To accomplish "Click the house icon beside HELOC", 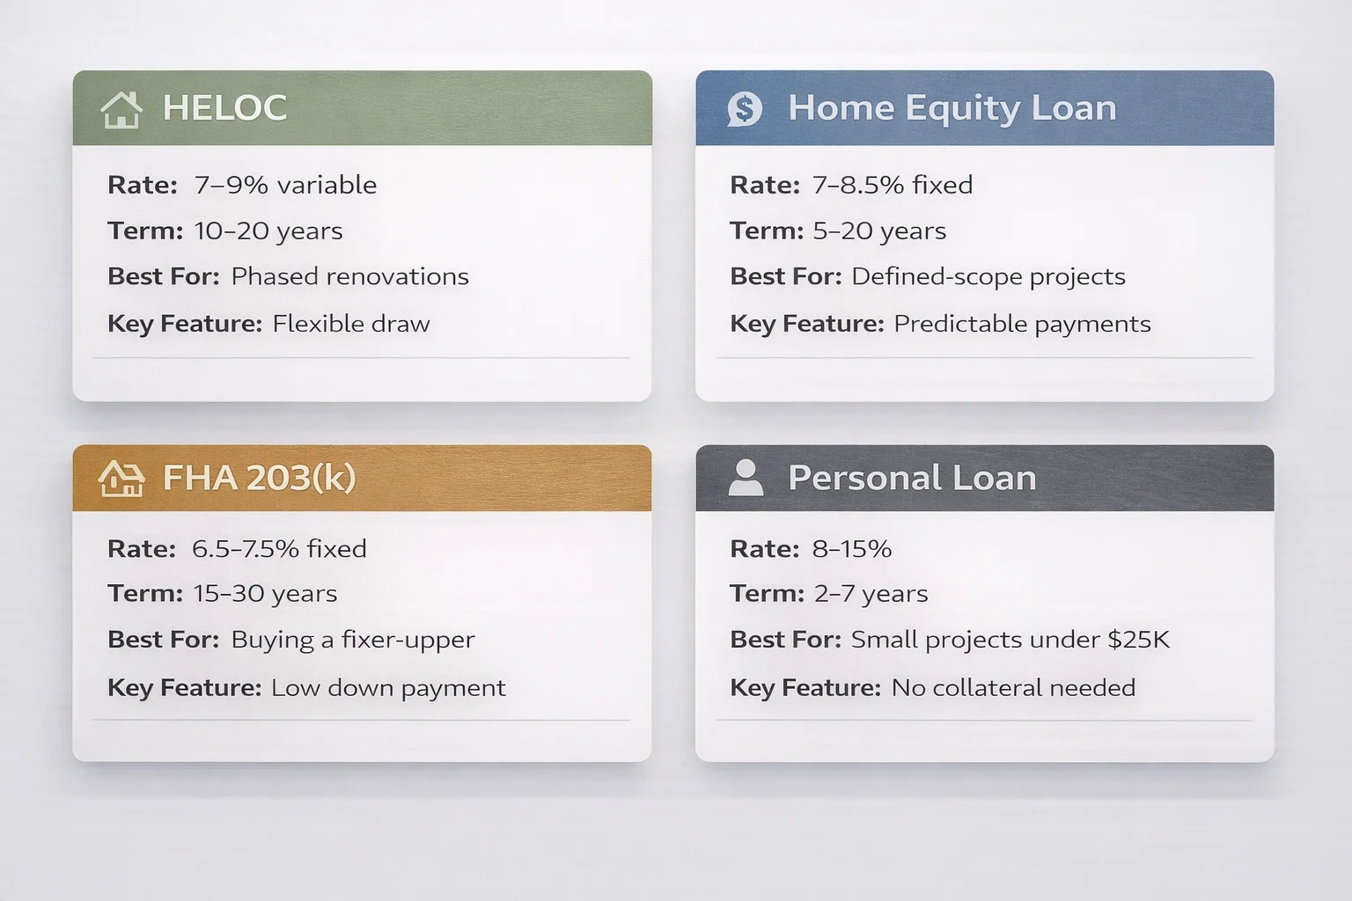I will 121,110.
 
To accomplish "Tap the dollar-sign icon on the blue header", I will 745,109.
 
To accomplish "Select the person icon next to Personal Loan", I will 746,478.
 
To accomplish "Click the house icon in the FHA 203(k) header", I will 121,479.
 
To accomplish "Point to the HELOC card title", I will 224,108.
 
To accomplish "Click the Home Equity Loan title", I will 952,108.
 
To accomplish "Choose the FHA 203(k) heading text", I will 259,478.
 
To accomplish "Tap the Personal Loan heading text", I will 911,478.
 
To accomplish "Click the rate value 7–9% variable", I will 285,185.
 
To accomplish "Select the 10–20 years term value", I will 268,231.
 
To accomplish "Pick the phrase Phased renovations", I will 349,276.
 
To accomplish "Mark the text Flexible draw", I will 351,324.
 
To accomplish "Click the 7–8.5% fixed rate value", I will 892,185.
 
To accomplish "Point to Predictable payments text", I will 1022,324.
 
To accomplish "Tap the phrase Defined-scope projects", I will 988,276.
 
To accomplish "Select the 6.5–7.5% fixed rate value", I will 279,549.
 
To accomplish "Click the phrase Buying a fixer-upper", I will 352,640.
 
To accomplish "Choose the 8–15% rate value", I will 851,549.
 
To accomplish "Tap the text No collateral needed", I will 1013,687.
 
